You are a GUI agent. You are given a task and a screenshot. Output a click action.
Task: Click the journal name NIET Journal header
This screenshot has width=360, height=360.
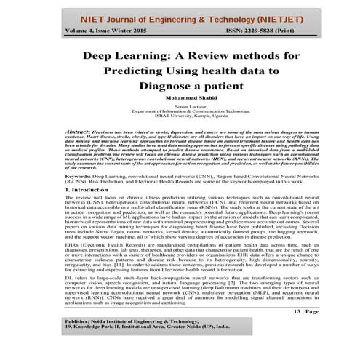[145, 13]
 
